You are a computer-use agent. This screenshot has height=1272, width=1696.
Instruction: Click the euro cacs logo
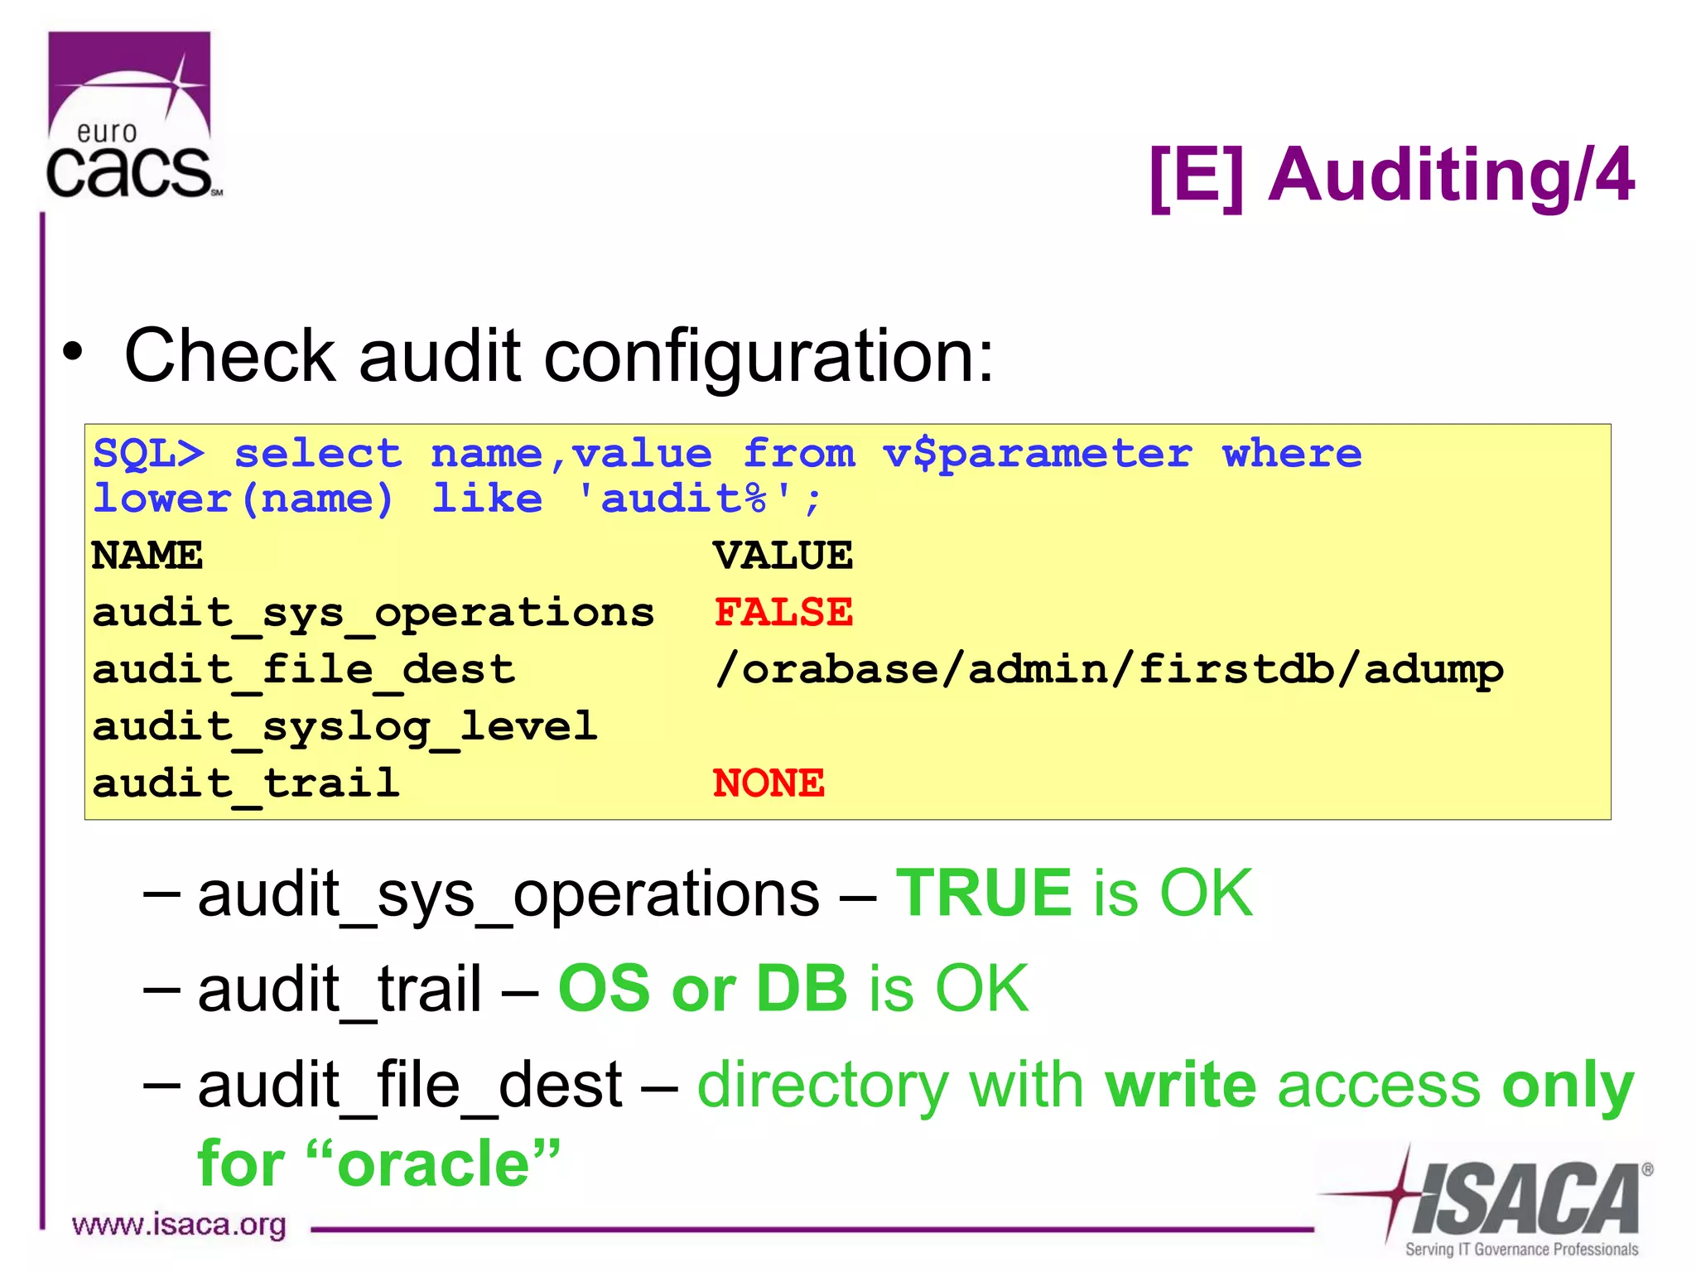131,117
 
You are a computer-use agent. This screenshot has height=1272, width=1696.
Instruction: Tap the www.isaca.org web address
179,1225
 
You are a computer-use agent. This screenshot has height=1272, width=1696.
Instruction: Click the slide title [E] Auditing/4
1391,175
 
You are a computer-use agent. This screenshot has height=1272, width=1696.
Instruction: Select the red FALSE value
783,613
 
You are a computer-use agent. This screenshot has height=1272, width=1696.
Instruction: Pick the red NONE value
768,783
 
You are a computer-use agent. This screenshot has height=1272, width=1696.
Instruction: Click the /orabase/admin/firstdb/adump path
1108,669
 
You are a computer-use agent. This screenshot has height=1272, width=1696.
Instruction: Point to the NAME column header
147,556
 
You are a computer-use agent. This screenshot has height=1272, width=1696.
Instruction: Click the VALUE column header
783,556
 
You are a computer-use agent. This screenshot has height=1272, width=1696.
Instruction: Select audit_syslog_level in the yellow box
344,727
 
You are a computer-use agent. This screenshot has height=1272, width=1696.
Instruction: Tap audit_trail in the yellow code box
246,783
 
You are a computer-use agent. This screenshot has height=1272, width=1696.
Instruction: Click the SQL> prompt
148,454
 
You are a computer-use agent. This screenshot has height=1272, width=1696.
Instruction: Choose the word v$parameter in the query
1037,454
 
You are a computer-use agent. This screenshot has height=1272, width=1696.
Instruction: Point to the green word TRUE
984,894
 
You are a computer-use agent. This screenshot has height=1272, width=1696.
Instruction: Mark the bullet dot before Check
73,351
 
